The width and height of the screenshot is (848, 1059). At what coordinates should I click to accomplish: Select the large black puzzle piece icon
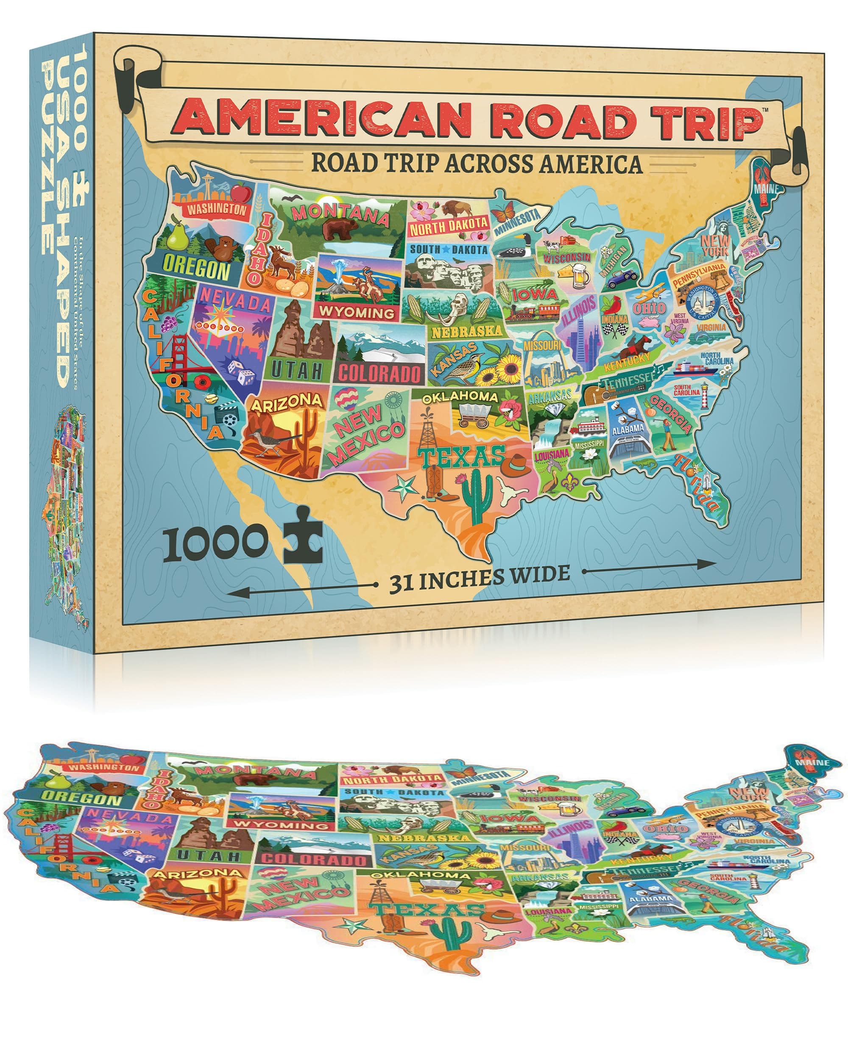point(303,535)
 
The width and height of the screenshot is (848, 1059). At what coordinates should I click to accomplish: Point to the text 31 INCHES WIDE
point(479,578)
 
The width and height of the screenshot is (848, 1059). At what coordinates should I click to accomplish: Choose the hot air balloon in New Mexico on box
point(348,397)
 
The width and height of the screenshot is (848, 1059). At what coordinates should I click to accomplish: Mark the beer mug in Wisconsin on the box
point(580,276)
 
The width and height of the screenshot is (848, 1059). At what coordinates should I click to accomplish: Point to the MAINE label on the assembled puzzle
point(811,763)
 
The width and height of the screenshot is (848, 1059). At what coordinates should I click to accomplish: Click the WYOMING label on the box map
point(357,312)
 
